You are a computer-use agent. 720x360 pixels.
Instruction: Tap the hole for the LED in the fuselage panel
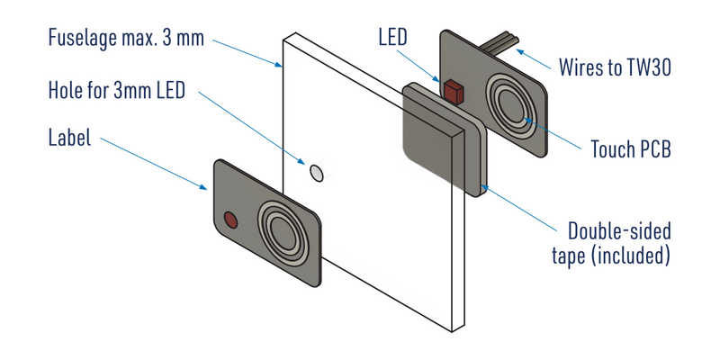[x=316, y=171]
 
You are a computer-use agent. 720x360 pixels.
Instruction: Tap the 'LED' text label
[x=394, y=37]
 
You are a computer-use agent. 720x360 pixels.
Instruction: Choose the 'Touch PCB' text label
[x=630, y=148]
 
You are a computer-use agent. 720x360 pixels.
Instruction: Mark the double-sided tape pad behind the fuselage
[x=436, y=139]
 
